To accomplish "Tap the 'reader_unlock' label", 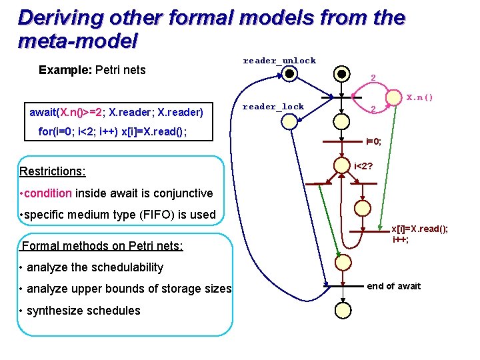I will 279,61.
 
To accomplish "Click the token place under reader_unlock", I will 289,74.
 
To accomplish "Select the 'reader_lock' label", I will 273,107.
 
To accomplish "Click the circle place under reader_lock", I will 289,121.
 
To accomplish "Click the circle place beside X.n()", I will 396,97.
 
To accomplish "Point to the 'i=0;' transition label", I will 373,141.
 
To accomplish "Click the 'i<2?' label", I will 363,165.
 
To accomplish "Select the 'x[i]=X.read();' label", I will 419,229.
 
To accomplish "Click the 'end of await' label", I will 394,286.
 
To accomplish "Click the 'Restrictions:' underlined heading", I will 53,171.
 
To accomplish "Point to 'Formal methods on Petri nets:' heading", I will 103,246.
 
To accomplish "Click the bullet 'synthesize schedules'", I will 81,310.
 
